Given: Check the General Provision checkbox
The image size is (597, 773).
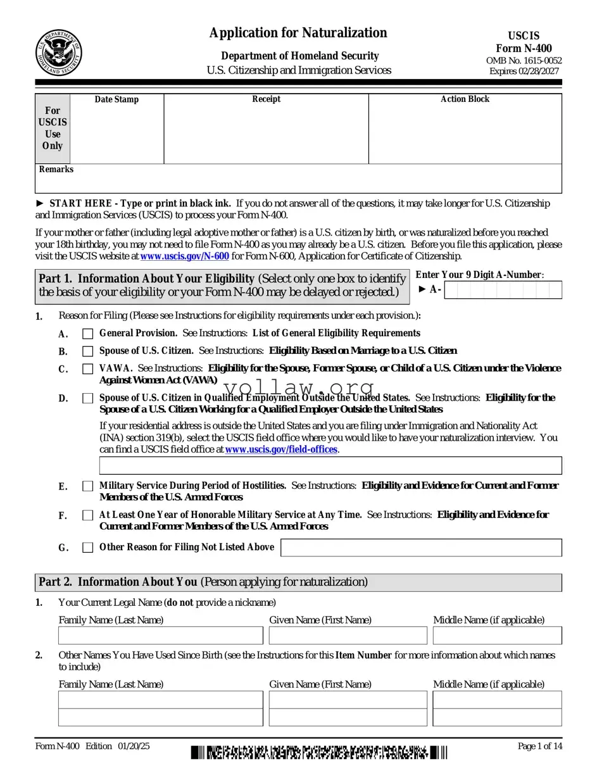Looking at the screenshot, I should pos(87,334).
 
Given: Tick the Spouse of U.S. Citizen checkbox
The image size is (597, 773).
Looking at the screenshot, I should pos(87,351).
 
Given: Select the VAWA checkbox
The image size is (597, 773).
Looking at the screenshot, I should pos(87,368).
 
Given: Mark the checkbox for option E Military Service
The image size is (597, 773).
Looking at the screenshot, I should pos(87,486).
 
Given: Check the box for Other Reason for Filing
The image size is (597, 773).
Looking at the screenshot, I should pos(87,548).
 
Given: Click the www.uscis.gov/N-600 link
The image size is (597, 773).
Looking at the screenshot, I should pos(184,256).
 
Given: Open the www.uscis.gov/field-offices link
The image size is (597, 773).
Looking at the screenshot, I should pos(281,449).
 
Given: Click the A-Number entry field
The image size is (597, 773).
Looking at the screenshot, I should pos(503,290).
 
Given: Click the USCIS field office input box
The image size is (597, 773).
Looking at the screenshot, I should pos(330,465).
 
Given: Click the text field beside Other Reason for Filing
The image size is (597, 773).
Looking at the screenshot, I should pos(420,548).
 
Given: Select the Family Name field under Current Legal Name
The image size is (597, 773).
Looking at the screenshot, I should pos(160,635).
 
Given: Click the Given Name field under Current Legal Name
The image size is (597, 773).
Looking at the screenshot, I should pos(348,635).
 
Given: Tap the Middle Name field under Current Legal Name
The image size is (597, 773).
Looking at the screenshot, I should pos(497,635).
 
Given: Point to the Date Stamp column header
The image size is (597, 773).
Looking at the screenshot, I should pos(116,99).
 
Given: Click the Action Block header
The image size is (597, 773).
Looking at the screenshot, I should pos(465,99).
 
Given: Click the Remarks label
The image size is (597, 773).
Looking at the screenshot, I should pos(56,170).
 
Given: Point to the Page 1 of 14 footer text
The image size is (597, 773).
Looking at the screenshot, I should pos(539,746).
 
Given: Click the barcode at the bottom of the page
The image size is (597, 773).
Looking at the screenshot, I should pos(319,753).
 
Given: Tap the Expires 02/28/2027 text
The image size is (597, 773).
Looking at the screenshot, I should pos(524,71).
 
